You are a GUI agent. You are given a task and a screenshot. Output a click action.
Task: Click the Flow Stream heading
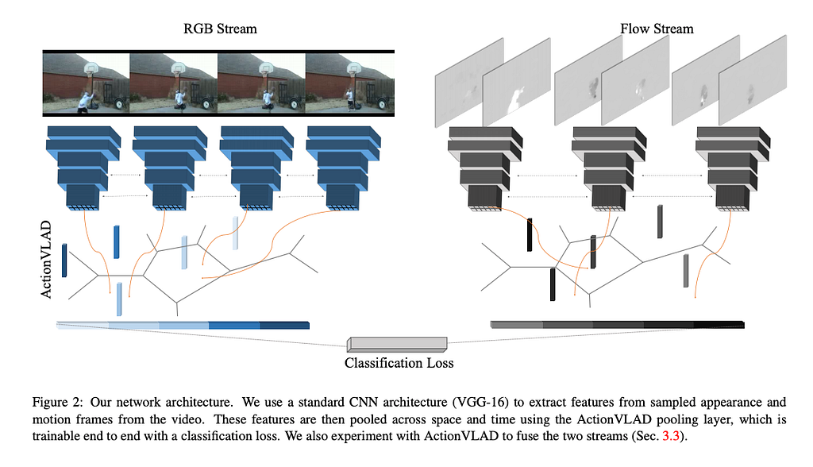(656, 29)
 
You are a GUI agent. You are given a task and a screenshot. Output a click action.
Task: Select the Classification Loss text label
(399, 363)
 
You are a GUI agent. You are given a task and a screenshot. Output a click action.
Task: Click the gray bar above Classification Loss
(397, 344)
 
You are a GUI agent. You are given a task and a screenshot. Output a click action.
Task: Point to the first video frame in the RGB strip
(86, 83)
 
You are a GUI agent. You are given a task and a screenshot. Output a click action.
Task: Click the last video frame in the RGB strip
(350, 83)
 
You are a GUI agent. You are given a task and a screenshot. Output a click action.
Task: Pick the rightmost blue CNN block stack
(337, 166)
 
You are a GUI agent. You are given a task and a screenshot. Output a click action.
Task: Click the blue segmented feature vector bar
(183, 325)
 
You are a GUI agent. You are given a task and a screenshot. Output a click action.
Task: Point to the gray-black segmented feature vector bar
(617, 324)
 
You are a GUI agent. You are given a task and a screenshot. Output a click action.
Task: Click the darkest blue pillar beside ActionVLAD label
(64, 261)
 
